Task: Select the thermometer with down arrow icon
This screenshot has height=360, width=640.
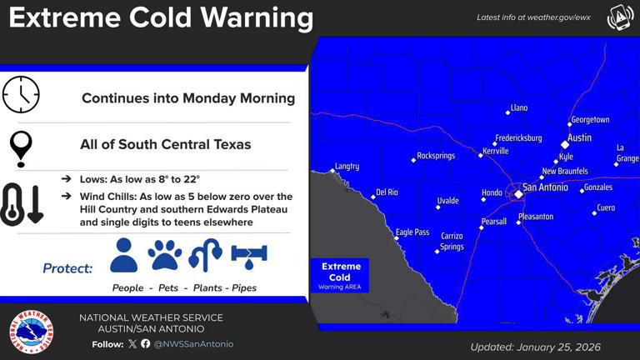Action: (x=22, y=205)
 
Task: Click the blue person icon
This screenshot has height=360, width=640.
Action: (x=123, y=255)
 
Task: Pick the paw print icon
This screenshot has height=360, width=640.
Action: (x=165, y=255)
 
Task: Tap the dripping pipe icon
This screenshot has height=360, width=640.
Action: (x=248, y=255)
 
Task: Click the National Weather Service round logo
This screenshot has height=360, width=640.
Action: (x=31, y=332)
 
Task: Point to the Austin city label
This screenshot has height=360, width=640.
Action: (x=579, y=137)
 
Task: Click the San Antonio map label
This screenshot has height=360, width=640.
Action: (x=545, y=187)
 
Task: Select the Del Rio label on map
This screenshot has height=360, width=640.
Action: (x=387, y=192)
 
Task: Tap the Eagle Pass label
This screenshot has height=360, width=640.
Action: (x=412, y=232)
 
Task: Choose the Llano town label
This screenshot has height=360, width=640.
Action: (x=518, y=108)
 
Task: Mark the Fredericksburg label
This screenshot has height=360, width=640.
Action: (x=517, y=137)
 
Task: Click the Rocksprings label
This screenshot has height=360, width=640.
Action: (x=435, y=156)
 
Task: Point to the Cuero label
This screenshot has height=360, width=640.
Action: (x=606, y=207)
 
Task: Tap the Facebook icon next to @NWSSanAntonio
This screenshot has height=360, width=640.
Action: (x=146, y=343)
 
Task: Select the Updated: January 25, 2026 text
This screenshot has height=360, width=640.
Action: (x=535, y=347)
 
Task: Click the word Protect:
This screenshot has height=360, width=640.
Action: (x=67, y=268)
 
